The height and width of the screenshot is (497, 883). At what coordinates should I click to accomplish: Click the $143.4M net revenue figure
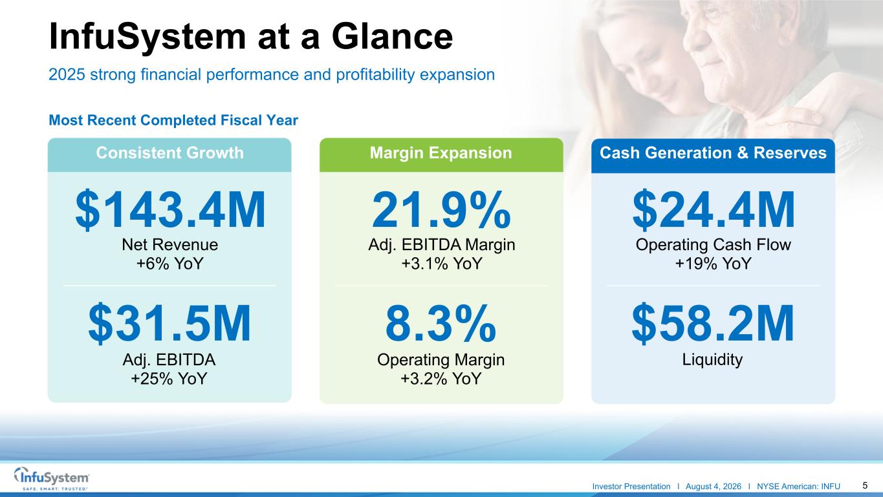(170, 209)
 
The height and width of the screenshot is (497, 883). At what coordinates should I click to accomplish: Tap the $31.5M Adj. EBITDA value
(169, 323)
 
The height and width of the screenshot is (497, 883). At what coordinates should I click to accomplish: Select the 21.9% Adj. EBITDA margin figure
(441, 209)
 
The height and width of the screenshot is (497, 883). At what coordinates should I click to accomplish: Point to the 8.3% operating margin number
(441, 323)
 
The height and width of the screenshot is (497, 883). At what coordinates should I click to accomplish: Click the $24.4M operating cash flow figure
(714, 209)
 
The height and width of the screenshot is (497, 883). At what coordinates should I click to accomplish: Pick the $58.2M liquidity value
(713, 323)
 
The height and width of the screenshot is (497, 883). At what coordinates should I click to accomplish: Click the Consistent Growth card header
(169, 154)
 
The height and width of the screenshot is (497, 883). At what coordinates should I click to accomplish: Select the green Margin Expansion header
(441, 154)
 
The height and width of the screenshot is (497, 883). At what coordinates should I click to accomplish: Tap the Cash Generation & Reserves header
(713, 156)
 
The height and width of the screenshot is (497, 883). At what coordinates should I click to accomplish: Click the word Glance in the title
(392, 37)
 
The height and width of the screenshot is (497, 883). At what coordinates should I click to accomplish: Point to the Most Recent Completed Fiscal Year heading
(173, 120)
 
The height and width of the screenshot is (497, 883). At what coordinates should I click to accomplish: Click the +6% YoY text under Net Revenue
(170, 264)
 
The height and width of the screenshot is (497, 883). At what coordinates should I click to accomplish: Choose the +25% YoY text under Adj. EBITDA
(169, 379)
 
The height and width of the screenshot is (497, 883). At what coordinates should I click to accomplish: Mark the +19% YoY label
(713, 264)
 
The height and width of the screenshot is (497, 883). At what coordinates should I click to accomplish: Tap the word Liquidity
(712, 360)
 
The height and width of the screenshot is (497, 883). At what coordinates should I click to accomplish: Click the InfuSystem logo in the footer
(52, 479)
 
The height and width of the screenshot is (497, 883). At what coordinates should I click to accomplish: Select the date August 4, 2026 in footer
(714, 487)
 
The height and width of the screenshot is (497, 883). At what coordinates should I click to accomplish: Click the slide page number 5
(865, 485)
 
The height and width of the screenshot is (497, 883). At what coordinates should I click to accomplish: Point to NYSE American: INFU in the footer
(798, 487)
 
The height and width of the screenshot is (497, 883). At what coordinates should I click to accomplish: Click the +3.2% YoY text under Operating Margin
(441, 379)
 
